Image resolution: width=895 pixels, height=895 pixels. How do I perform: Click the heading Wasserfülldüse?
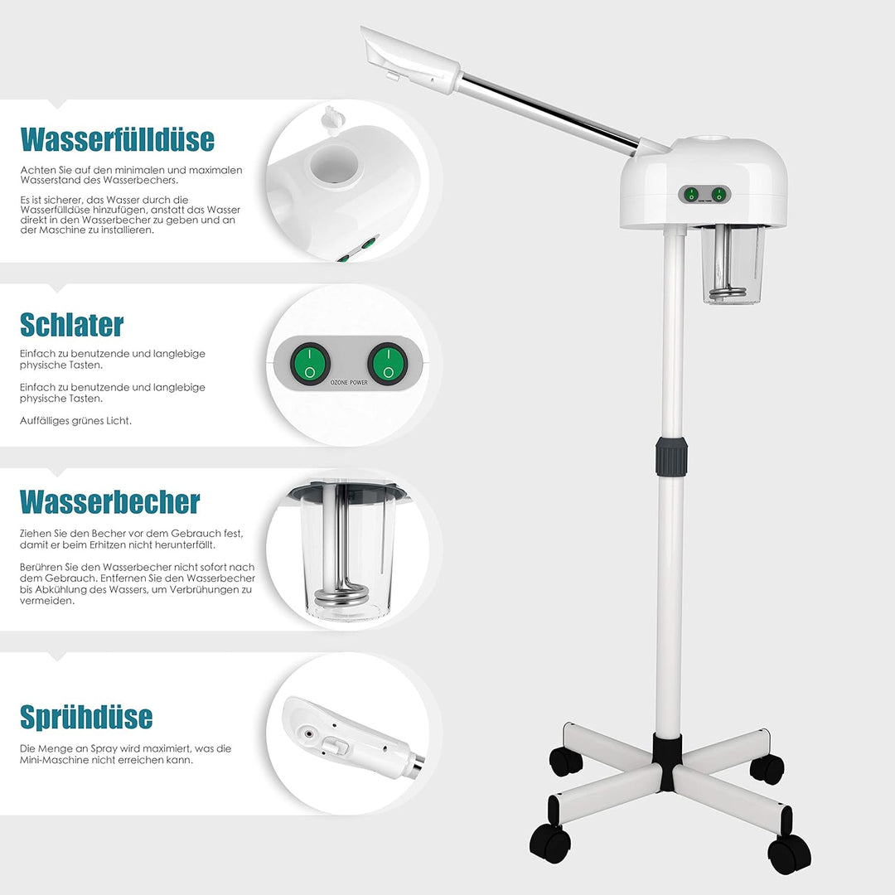click(x=118, y=140)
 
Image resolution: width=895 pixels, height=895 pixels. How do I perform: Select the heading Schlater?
click(x=72, y=325)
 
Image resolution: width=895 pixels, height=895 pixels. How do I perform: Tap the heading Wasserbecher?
click(x=109, y=502)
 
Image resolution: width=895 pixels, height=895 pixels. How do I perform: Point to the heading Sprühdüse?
click(x=86, y=717)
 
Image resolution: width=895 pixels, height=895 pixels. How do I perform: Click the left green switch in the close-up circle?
click(x=310, y=364)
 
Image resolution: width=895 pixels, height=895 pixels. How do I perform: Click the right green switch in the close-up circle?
click(x=388, y=364)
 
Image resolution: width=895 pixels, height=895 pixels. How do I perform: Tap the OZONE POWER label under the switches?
click(x=350, y=382)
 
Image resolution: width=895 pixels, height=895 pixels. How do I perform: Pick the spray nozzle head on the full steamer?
click(x=409, y=59)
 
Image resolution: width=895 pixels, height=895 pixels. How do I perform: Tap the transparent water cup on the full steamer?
click(x=733, y=264)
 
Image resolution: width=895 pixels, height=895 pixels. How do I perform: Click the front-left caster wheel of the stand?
click(x=550, y=843)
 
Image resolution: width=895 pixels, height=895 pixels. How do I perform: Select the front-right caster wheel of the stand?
click(x=789, y=854)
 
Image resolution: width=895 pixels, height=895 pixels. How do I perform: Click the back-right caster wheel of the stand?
click(x=767, y=769)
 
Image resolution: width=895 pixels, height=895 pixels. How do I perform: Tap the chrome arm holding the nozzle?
click(x=549, y=114)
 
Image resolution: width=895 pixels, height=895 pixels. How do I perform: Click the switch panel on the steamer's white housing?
click(x=704, y=195)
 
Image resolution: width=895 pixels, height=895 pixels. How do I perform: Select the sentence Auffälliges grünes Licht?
click(x=75, y=421)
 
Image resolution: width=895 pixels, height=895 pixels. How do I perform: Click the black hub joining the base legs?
click(x=667, y=762)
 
